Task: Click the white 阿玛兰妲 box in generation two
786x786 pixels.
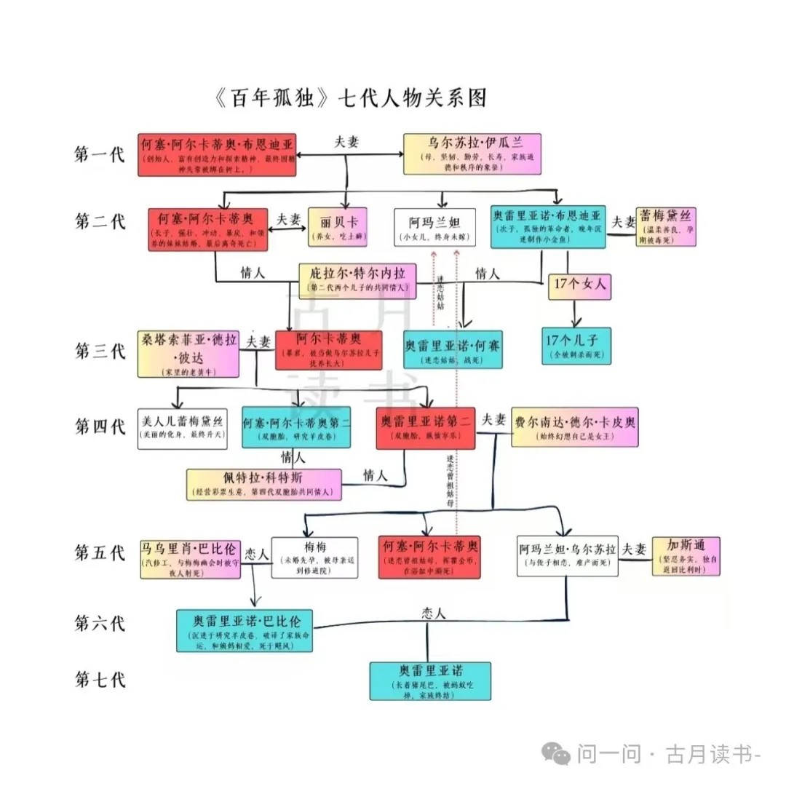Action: click(x=434, y=227)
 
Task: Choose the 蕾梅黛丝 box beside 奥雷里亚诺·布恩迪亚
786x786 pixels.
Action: click(x=666, y=226)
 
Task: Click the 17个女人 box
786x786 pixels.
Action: click(x=579, y=286)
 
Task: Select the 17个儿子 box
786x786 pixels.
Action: click(x=576, y=345)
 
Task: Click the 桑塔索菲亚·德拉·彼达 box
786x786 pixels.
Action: click(x=188, y=354)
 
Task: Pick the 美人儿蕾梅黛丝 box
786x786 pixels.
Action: click(x=182, y=427)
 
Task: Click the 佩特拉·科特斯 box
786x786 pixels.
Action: click(x=263, y=484)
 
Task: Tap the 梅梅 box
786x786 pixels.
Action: click(x=314, y=557)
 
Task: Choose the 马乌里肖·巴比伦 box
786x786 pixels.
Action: click(x=190, y=558)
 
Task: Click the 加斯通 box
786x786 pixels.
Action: click(x=686, y=556)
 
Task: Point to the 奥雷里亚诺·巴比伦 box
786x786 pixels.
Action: click(x=245, y=630)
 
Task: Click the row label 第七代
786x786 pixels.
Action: click(x=100, y=680)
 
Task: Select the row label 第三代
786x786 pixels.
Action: click(x=100, y=351)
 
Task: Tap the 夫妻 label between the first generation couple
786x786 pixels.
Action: click(x=346, y=143)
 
